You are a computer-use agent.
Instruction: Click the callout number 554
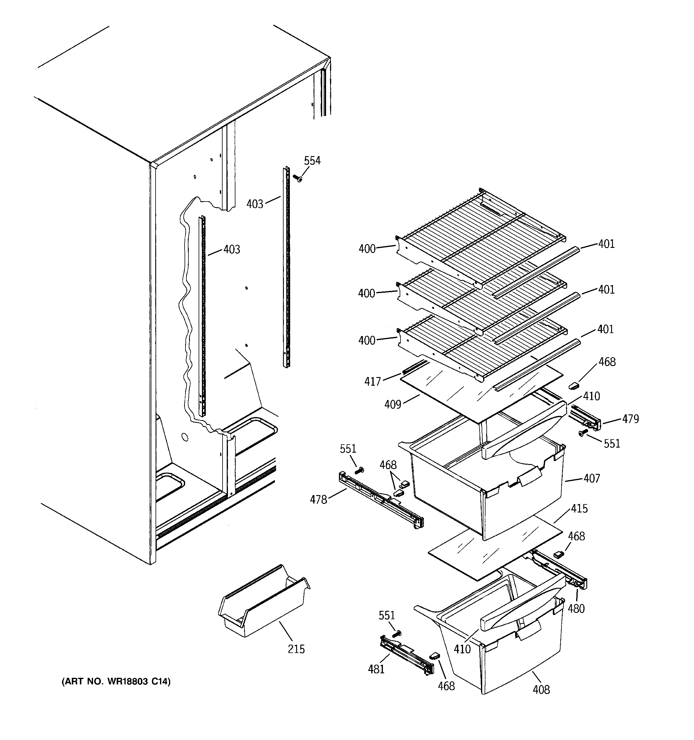click(312, 161)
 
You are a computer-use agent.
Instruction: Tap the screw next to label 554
click(298, 179)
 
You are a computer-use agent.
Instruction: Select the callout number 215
click(296, 649)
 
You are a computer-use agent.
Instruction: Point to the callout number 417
click(372, 382)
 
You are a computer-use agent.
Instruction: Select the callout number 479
click(630, 419)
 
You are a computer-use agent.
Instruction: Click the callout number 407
click(592, 478)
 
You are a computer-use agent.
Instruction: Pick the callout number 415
click(579, 509)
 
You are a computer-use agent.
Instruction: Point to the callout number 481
click(376, 669)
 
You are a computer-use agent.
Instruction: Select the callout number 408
click(541, 690)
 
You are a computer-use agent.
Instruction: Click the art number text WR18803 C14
click(115, 682)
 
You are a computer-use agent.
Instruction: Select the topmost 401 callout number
click(606, 244)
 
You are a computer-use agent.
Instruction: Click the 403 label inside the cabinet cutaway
click(232, 249)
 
